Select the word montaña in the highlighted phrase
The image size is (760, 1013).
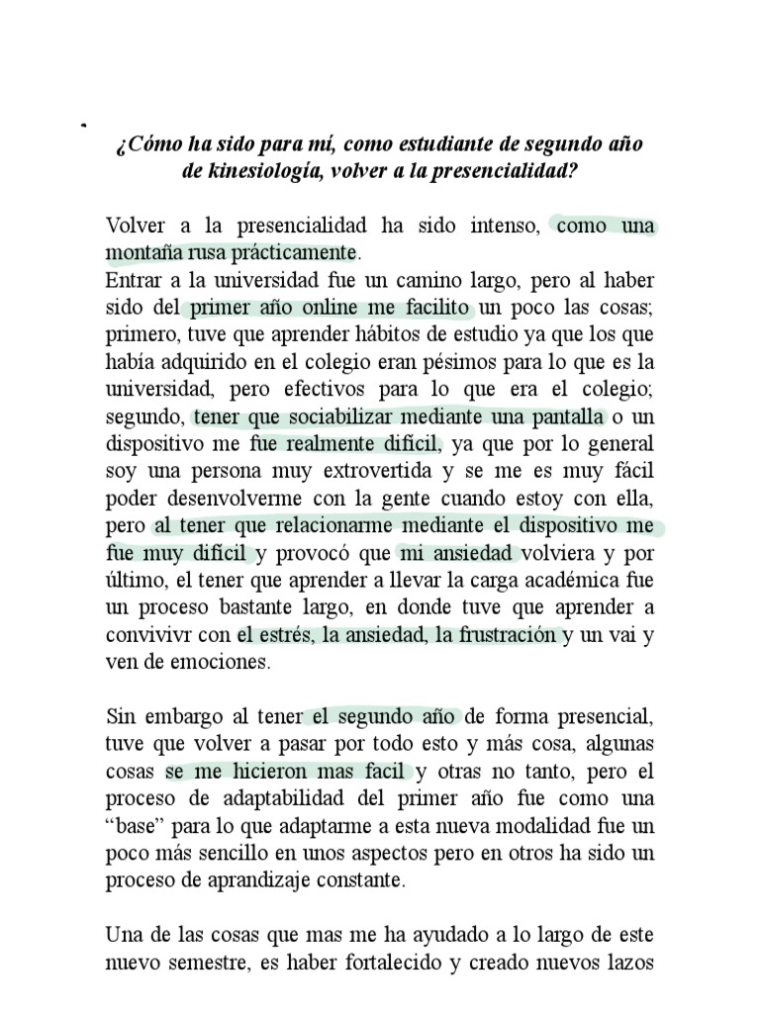tap(140, 251)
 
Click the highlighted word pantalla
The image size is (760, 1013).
tap(566, 415)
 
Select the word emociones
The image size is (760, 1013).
tap(221, 663)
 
